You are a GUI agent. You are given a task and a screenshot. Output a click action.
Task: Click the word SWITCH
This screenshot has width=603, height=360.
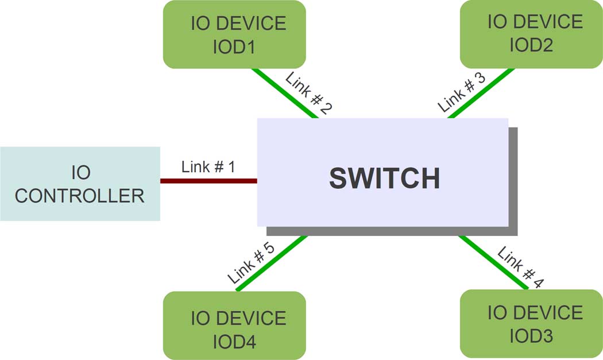point(384,179)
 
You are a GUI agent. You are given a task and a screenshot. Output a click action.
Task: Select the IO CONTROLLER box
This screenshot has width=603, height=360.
point(80,184)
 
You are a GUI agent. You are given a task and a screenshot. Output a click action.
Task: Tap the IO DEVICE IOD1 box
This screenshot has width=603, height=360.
point(234,34)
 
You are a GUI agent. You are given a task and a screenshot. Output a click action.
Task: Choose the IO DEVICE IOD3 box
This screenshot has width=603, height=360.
point(531,324)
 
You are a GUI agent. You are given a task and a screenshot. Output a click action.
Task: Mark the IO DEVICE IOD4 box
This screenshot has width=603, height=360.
point(234,326)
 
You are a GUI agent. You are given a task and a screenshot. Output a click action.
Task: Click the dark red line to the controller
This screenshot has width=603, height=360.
point(208,181)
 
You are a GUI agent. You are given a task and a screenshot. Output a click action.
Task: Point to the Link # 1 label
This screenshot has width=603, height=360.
point(208,167)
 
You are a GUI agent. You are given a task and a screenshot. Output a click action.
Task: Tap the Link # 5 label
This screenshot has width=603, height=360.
point(251,264)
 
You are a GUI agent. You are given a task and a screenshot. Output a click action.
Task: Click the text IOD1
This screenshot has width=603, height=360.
point(234,47)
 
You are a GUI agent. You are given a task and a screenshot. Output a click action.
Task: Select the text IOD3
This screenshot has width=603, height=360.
point(531,336)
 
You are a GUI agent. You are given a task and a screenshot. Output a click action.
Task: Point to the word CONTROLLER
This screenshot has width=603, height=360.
point(80,196)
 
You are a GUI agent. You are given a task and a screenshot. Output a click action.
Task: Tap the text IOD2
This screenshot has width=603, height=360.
point(531,45)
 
